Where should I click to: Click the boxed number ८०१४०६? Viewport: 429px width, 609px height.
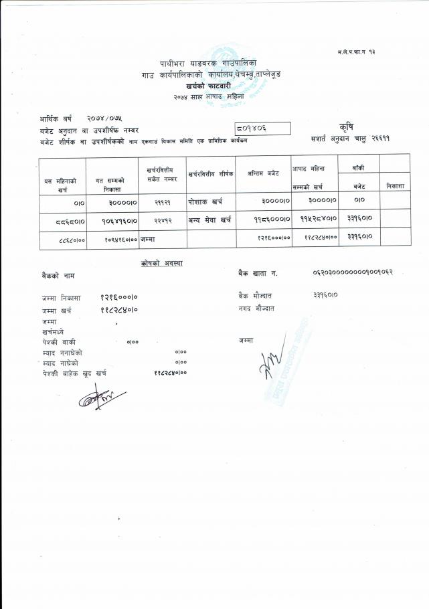pos(262,128)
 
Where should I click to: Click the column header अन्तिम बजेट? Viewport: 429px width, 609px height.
pos(263,173)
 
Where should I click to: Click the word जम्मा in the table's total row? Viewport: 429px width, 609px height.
pos(147,238)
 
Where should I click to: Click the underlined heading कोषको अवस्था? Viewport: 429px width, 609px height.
pos(161,263)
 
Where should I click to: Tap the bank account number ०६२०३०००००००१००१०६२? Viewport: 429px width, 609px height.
pos(352,273)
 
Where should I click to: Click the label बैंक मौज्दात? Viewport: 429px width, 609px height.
pos(254,295)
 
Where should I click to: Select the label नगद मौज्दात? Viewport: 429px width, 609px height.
pos(256,309)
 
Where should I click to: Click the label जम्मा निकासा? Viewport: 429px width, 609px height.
pos(61,298)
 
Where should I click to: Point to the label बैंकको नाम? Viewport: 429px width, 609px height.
pos(57,275)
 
